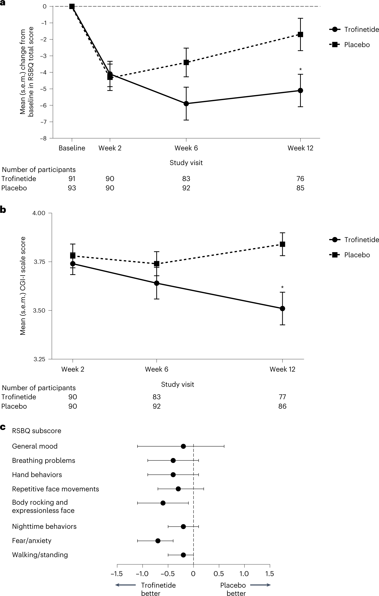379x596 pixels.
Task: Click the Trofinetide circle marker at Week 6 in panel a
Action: (x=186, y=104)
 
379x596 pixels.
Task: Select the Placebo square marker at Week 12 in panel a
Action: (x=300, y=34)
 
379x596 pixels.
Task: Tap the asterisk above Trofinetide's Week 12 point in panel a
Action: (x=300, y=70)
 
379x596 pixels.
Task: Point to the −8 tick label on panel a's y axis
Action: (x=44, y=138)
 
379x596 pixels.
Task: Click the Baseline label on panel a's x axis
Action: (x=72, y=148)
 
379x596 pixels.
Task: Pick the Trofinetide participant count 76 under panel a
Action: (x=300, y=179)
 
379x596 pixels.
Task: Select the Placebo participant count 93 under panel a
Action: (x=72, y=188)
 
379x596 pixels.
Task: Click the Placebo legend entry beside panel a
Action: (x=357, y=45)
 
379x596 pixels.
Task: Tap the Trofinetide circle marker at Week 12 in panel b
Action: (x=282, y=308)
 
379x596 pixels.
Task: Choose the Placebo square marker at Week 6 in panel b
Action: (x=157, y=264)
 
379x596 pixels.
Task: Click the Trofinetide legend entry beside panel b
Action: (x=361, y=240)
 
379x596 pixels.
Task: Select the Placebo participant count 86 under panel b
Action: (x=282, y=406)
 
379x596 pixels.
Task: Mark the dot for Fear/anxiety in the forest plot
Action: (x=158, y=541)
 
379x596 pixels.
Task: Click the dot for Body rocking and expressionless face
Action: (x=163, y=503)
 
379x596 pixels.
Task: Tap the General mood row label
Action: (x=35, y=446)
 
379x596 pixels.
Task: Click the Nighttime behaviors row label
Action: (x=44, y=527)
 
